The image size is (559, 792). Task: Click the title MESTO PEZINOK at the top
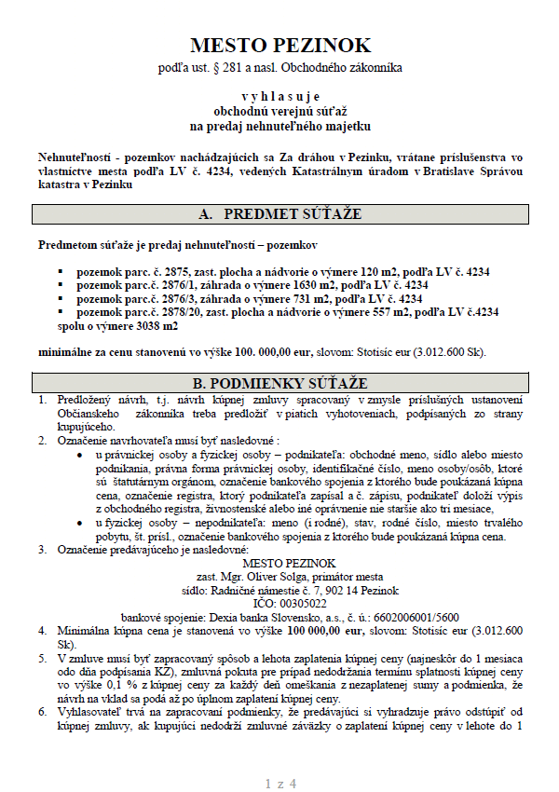[x=280, y=45]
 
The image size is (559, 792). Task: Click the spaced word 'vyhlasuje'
[x=280, y=96]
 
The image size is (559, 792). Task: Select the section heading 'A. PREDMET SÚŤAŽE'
[x=280, y=214]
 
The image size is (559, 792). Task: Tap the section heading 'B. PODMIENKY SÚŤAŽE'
[x=280, y=383]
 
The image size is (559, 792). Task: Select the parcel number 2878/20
[x=183, y=313]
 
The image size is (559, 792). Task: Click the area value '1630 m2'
[x=311, y=285]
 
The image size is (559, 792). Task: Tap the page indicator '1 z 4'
[x=280, y=758]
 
